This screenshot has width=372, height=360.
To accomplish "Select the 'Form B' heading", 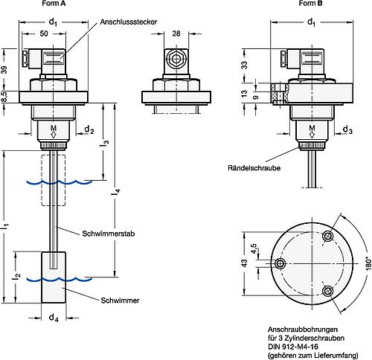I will point(311,4).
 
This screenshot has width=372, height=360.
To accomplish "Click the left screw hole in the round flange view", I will point(280,265).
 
